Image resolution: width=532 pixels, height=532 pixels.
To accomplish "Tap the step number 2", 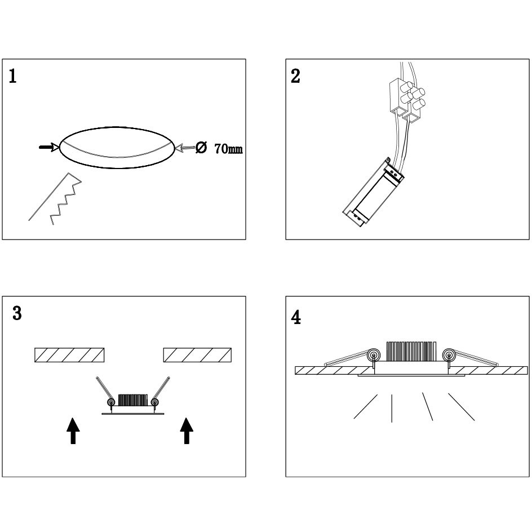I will click(295, 77).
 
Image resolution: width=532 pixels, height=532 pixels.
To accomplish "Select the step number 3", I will click(17, 314).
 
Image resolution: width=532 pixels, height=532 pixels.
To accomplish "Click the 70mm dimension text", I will click(228, 149).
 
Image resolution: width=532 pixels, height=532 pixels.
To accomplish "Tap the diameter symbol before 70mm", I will click(201, 148).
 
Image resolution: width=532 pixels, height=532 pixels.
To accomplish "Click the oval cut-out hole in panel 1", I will click(117, 147).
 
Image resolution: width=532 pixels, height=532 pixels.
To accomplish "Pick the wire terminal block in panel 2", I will click(406, 100).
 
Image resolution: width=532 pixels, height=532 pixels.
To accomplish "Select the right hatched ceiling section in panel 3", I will click(197, 355).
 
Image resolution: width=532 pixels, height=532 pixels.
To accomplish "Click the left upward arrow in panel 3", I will click(73, 430).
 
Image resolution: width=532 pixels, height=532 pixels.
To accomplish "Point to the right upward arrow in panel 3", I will click(187, 430).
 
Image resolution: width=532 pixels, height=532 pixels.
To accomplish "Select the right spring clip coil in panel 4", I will click(449, 355).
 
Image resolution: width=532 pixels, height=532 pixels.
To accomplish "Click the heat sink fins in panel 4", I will click(411, 351).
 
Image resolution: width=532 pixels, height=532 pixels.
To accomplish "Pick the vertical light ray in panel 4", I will click(392, 407).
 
